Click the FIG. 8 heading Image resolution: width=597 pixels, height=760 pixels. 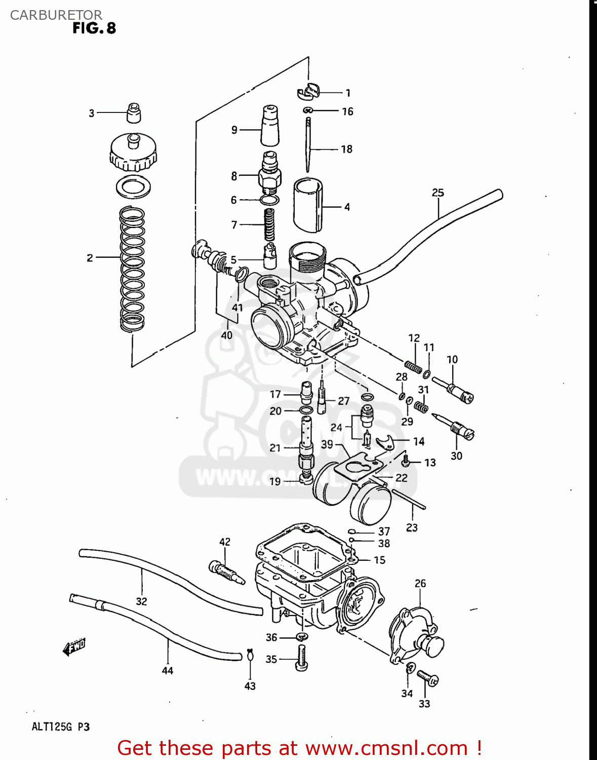click(x=94, y=28)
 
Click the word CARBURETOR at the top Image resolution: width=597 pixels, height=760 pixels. click(x=56, y=15)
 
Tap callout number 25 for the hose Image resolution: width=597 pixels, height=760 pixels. click(x=437, y=193)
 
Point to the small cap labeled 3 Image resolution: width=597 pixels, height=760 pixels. click(x=133, y=113)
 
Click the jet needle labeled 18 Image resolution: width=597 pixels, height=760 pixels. click(x=308, y=144)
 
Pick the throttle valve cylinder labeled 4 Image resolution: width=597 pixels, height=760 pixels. click(x=307, y=205)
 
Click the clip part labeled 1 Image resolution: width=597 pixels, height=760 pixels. click(x=308, y=91)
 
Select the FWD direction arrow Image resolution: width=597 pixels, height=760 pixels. click(x=74, y=647)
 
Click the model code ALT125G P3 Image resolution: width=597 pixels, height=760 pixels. click(x=61, y=727)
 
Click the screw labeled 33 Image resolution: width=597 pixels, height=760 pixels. click(x=428, y=678)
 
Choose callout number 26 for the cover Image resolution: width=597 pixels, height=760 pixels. click(x=420, y=584)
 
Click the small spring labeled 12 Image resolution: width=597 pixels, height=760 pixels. click(x=413, y=366)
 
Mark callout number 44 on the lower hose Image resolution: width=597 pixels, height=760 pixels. click(x=168, y=670)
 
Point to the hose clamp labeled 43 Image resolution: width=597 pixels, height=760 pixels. click(x=250, y=656)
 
